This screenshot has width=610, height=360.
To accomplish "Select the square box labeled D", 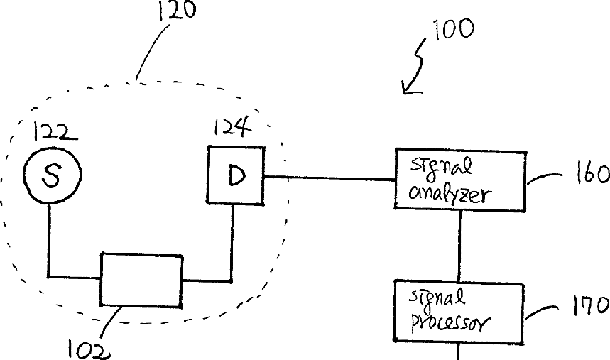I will click(235, 175).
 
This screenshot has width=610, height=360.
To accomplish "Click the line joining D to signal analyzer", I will click(329, 178).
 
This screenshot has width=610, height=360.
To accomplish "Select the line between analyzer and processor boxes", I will click(459, 245).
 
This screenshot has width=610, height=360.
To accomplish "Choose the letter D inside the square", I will click(236, 175).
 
